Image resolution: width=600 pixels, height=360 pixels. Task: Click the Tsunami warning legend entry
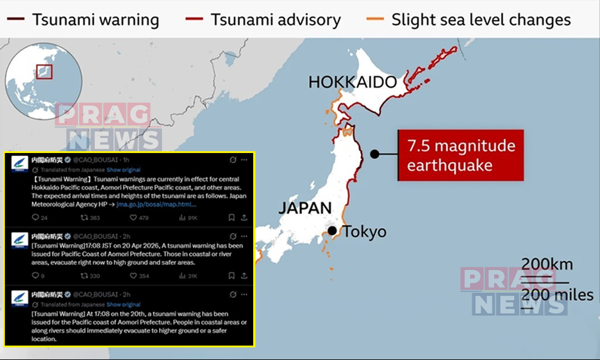(84, 20)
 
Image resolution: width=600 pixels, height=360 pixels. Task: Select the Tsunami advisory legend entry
(264, 20)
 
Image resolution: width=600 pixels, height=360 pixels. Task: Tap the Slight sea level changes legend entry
(469, 20)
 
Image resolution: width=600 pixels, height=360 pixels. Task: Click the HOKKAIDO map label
(353, 82)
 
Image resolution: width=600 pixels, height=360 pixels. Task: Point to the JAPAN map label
(305, 208)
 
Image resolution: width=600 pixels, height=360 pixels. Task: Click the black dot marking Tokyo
(332, 231)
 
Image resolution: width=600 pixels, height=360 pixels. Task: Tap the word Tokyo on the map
(364, 232)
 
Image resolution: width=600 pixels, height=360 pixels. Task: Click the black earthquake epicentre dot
(374, 154)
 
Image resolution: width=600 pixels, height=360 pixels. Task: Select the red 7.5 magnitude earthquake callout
(461, 155)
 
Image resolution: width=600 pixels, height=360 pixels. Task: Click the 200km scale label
(547, 264)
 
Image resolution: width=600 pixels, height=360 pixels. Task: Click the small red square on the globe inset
(44, 72)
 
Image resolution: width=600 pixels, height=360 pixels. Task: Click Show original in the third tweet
(123, 305)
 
